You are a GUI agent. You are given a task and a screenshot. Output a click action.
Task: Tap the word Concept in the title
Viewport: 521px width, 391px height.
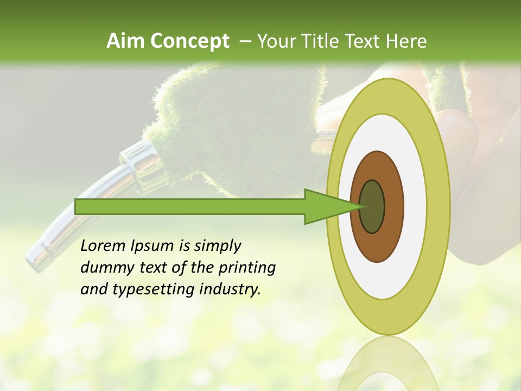189,41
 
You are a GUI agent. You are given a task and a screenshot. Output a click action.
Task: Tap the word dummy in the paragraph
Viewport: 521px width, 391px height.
103,268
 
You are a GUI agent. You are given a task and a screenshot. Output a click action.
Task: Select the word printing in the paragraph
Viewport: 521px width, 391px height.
247,268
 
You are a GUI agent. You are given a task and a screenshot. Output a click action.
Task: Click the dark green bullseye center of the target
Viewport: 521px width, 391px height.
372,206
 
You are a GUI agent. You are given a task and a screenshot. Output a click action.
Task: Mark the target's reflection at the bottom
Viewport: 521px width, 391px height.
389,364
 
